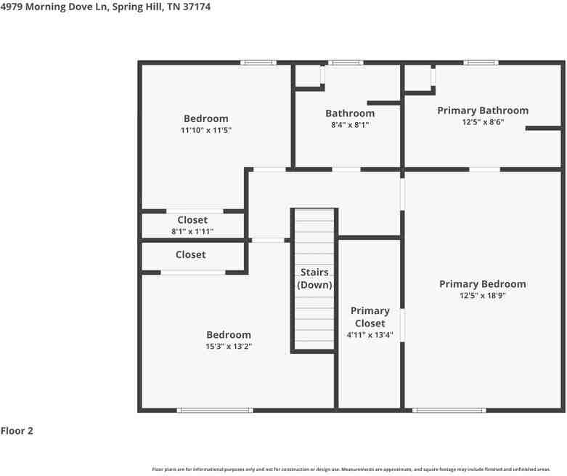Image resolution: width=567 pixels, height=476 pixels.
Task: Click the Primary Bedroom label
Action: [482, 284]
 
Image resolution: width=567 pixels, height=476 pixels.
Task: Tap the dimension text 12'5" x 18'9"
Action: [482, 296]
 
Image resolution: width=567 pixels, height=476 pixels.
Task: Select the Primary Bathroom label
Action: [482, 110]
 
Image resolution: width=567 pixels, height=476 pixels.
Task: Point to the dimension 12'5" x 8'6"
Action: [482, 122]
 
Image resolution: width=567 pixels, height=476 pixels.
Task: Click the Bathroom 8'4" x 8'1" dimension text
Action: [350, 124]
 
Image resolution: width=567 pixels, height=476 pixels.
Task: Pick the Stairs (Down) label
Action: [314, 279]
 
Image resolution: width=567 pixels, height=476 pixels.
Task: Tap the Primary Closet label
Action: [370, 317]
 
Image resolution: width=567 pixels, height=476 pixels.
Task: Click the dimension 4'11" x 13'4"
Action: [370, 335]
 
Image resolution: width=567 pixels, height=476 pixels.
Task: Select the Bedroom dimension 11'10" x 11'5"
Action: [205, 130]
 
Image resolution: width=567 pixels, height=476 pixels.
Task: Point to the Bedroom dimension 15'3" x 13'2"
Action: [228, 347]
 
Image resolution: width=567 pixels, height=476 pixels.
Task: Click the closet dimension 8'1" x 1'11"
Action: [192, 232]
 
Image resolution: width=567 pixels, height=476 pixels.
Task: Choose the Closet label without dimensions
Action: [190, 255]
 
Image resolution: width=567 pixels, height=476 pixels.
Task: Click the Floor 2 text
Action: [17, 431]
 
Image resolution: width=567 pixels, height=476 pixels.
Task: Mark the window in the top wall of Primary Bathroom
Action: [481, 62]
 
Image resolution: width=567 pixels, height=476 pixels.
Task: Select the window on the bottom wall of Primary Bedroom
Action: [449, 411]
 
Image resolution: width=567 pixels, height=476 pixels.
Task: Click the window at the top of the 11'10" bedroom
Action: [258, 62]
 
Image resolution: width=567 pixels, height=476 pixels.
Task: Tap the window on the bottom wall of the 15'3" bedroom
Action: [215, 411]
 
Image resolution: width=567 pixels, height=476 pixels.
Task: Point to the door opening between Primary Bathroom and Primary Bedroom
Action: [484, 169]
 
